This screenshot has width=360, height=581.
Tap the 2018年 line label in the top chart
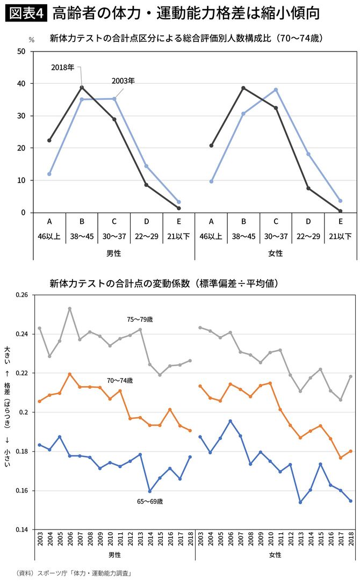pos(63,67)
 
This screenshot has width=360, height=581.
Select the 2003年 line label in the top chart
pos(123,81)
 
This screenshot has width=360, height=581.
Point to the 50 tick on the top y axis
pos(21,52)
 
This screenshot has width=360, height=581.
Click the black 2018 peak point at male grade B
pos(82,87)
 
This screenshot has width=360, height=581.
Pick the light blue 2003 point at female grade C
pos(276,90)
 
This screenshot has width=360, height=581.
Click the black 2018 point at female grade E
pos(341,211)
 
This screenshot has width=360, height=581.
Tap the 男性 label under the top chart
pos(114,252)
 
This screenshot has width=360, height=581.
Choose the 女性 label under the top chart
pos(276,252)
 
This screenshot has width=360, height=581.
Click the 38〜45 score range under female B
pos(243,236)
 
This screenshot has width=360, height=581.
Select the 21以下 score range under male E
pos(178,236)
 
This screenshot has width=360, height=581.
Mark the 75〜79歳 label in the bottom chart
pos(140,319)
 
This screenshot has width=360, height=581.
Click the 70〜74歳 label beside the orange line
pos(119,380)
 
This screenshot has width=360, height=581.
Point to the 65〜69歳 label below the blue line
pos(150,502)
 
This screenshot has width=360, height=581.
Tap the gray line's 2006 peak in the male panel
pos(70,309)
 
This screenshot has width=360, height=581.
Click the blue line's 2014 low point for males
pos(150,491)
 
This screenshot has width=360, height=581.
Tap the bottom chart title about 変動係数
pos(163,282)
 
